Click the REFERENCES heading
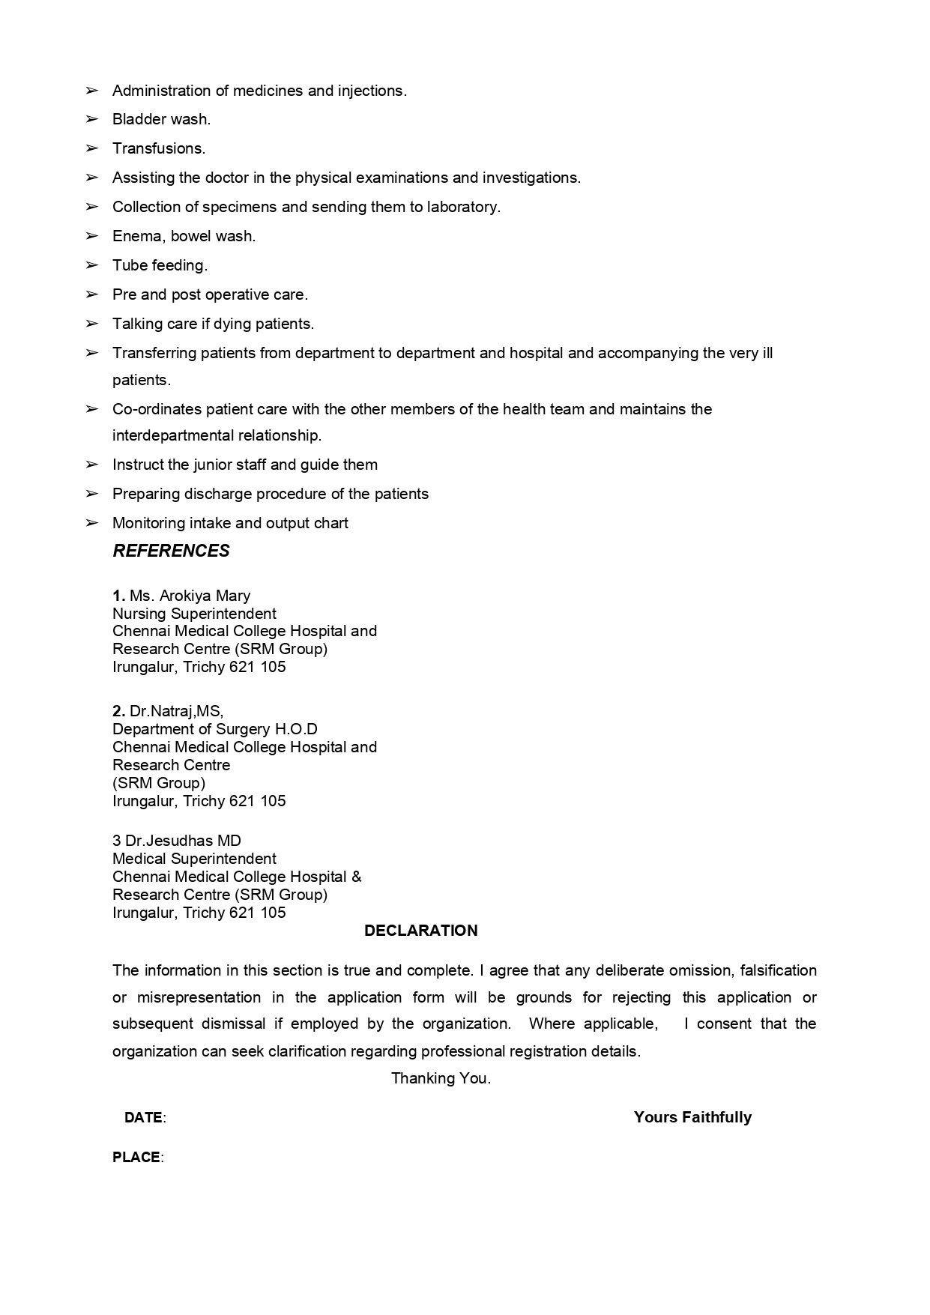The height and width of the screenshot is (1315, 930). pyautogui.click(x=171, y=551)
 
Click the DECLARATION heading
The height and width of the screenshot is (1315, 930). pyautogui.click(x=420, y=931)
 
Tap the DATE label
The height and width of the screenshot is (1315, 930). pyautogui.click(x=144, y=1117)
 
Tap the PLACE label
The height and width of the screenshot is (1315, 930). pyautogui.click(x=136, y=1157)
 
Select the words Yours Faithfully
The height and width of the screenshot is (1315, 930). pyautogui.click(x=692, y=1117)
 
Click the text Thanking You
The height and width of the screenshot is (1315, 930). pyautogui.click(x=441, y=1078)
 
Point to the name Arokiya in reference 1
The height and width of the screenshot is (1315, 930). pyautogui.click(x=185, y=596)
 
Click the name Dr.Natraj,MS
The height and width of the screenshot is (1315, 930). pyautogui.click(x=176, y=711)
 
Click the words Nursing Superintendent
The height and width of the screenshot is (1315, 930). pyautogui.click(x=194, y=614)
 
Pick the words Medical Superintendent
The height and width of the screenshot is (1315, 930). pyautogui.click(x=194, y=859)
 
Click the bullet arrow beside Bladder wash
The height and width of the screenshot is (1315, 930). pyautogui.click(x=92, y=119)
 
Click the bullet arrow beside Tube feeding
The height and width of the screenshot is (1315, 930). pyautogui.click(x=92, y=265)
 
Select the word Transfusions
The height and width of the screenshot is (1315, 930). pyautogui.click(x=159, y=148)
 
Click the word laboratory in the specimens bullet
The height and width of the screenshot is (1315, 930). pyautogui.click(x=463, y=207)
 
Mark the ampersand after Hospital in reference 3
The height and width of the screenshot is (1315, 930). pyautogui.click(x=356, y=877)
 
